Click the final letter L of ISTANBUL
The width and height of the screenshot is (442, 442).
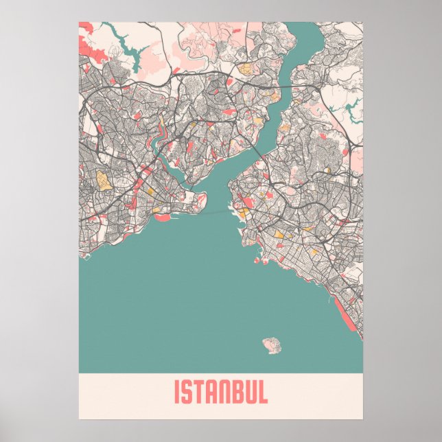point(263,393)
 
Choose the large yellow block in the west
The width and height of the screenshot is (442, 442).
point(103,180)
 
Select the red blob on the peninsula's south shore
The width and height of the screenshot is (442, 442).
point(163,217)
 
